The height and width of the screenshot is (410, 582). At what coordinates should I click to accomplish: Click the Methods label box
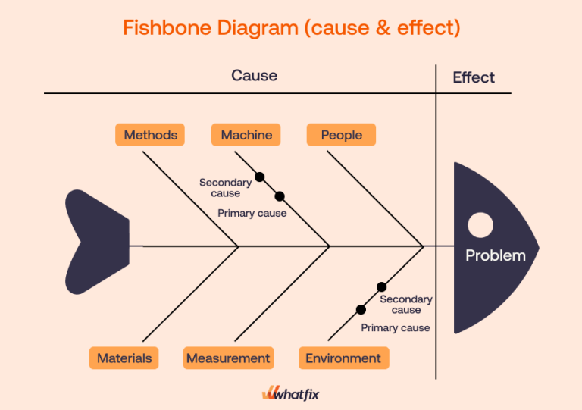(151, 135)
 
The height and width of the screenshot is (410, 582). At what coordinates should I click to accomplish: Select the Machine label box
(246, 135)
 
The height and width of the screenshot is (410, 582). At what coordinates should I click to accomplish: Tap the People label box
(341, 135)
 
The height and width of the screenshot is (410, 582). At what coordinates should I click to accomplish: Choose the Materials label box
(124, 358)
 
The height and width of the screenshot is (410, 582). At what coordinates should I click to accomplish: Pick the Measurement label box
(228, 358)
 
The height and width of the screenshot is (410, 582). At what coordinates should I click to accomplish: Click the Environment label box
(343, 358)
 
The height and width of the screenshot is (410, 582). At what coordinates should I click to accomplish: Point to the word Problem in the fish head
(495, 255)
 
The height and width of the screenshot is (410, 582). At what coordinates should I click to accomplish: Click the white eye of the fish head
(480, 224)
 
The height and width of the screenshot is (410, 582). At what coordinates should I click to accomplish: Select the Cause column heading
(254, 76)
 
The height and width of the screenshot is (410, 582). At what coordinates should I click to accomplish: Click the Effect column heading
(474, 77)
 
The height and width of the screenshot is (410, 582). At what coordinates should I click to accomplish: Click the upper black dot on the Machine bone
(260, 177)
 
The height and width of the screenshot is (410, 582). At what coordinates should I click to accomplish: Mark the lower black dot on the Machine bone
(280, 196)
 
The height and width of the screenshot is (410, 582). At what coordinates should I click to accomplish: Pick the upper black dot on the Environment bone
(382, 286)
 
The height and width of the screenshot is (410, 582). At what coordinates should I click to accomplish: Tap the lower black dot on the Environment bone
(361, 309)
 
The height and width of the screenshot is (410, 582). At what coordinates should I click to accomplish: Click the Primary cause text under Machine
(252, 214)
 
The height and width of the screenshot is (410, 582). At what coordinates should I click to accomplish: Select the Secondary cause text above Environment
(406, 305)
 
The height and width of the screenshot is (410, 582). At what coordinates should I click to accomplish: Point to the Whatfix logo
(292, 393)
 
